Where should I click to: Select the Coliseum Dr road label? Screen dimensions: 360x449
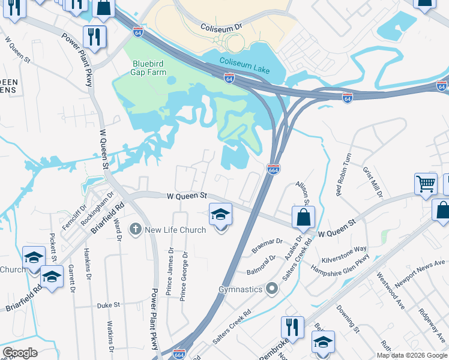click(x=221, y=28)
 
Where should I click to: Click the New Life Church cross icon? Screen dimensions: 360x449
click(x=136, y=229)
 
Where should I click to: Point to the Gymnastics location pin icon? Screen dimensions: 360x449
click(x=272, y=289)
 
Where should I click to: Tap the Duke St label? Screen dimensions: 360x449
click(x=109, y=305)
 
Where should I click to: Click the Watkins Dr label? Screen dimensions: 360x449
click(x=111, y=337)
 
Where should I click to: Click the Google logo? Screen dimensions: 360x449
click(x=19, y=353)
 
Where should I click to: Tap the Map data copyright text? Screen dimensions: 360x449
click(x=411, y=355)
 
